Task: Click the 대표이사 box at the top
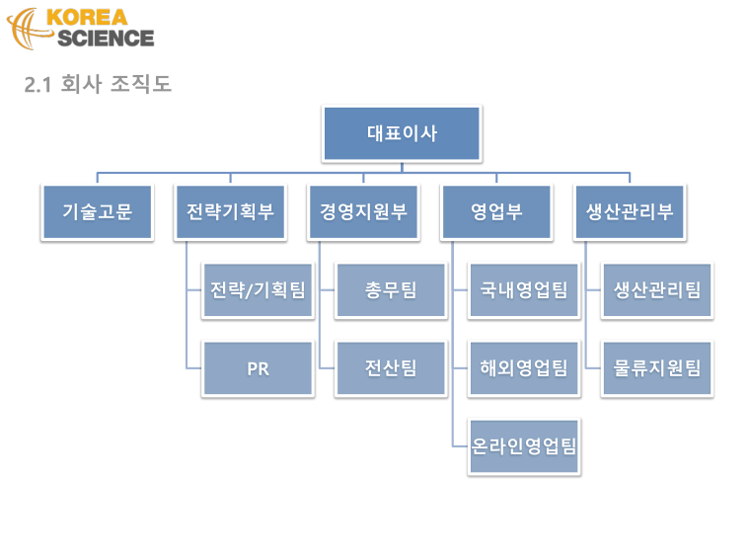click(402, 133)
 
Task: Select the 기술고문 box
click(98, 211)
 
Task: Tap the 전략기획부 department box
click(230, 211)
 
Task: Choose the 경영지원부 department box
click(363, 211)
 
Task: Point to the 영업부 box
click(496, 211)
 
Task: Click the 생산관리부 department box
click(630, 211)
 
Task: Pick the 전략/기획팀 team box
click(258, 290)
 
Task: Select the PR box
click(258, 368)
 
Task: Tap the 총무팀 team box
click(391, 290)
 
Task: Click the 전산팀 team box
click(391, 368)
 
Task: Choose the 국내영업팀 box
click(524, 290)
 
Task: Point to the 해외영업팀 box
click(524, 368)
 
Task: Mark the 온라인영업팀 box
click(524, 446)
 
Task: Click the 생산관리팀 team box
click(657, 290)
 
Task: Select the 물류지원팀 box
click(657, 368)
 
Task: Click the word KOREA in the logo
click(87, 18)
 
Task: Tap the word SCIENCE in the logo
click(106, 39)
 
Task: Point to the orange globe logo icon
click(28, 29)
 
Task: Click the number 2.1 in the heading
click(37, 85)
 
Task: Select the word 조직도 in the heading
click(141, 84)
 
